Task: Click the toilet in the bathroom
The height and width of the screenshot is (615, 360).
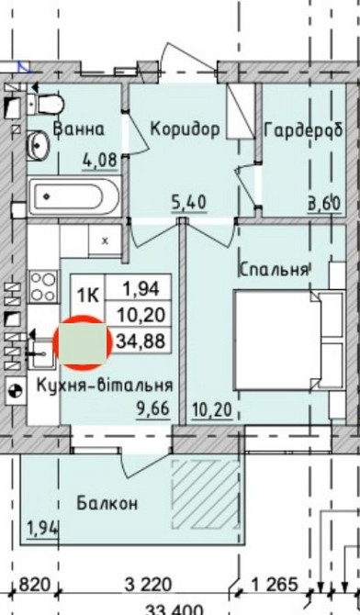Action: tap(46, 104)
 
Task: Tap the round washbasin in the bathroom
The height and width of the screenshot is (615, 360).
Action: tap(38, 146)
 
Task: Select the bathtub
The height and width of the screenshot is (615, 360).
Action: tap(73, 196)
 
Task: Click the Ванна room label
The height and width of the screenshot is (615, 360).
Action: tap(79, 129)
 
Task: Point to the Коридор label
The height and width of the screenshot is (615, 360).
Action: tap(185, 129)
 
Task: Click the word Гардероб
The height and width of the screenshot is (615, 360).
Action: tap(303, 130)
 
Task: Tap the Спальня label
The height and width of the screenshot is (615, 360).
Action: tap(273, 270)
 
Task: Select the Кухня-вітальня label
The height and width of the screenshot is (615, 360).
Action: tap(105, 386)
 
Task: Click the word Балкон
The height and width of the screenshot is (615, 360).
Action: tap(107, 503)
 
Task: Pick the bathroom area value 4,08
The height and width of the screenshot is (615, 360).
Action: tap(100, 161)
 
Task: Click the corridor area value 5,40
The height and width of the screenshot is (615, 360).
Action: tap(189, 203)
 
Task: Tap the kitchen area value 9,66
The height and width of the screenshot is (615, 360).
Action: tap(152, 409)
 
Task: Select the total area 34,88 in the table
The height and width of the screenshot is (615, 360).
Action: tap(141, 341)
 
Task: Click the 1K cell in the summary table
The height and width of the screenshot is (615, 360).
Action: tap(88, 295)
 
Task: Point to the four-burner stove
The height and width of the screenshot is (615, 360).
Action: tap(43, 286)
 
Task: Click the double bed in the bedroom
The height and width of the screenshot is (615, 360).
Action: tap(288, 340)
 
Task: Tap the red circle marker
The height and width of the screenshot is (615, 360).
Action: tap(82, 342)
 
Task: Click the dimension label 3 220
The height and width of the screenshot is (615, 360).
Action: tap(149, 586)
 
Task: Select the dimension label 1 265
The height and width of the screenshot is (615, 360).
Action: tap(275, 586)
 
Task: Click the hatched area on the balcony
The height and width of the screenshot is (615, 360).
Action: tap(206, 495)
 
